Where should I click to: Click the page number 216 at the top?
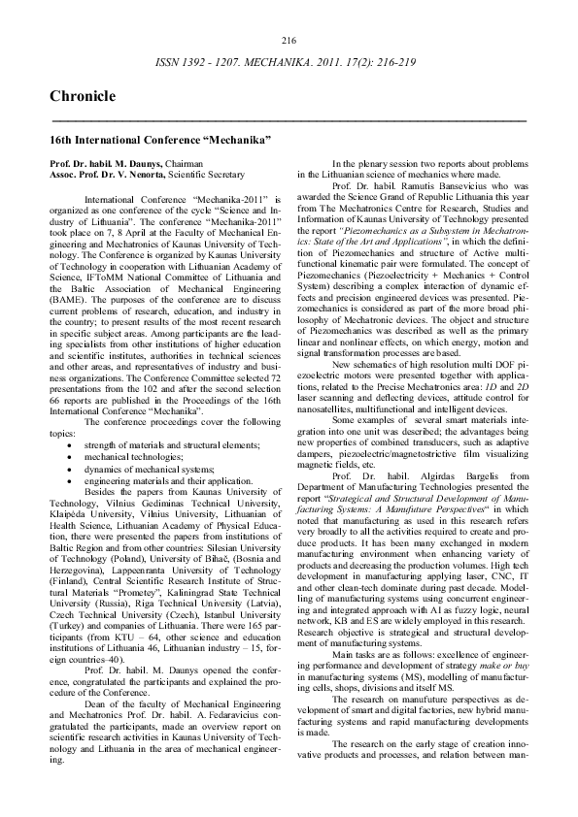(x=289, y=40)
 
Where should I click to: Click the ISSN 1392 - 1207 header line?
(x=289, y=61)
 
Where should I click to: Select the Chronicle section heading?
(x=82, y=96)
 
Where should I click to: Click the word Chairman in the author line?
(x=184, y=164)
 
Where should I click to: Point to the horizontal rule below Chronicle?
(x=289, y=120)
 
